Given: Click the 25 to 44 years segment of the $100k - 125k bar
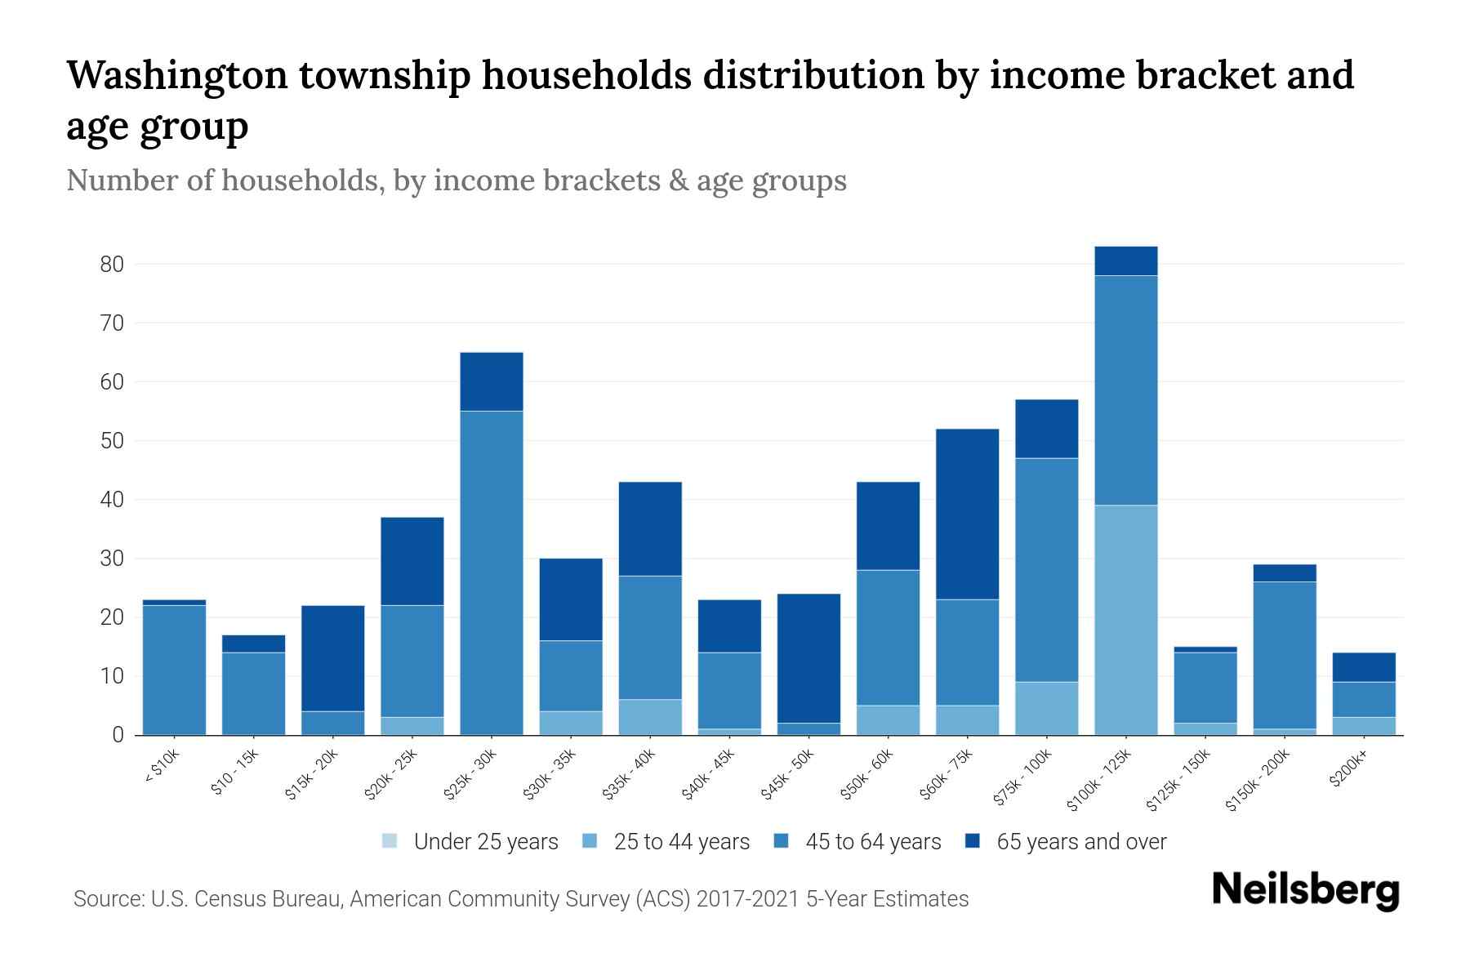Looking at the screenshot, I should pyautogui.click(x=1125, y=620).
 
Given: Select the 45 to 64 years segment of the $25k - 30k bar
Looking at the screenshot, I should pyautogui.click(x=492, y=572).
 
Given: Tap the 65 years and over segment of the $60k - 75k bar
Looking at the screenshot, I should pyautogui.click(x=967, y=514).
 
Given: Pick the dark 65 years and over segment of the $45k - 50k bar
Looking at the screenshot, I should pyautogui.click(x=808, y=658).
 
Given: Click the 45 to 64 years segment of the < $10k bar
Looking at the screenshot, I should pyautogui.click(x=174, y=670).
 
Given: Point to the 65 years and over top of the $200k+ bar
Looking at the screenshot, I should pyautogui.click(x=1363, y=667).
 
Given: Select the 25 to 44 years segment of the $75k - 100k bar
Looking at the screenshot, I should pyautogui.click(x=1046, y=708).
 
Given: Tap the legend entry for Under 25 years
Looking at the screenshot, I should pyautogui.click(x=470, y=842).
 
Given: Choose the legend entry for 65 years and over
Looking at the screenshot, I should pyautogui.click(x=1066, y=842).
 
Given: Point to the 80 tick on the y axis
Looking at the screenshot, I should pyautogui.click(x=112, y=265).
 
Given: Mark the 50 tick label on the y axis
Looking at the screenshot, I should pyautogui.click(x=112, y=441).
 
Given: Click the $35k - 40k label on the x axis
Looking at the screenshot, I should pyautogui.click(x=630, y=776).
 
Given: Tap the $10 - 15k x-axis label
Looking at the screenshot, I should pyautogui.click(x=235, y=773).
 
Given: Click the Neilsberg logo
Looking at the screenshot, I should pyautogui.click(x=1305, y=890).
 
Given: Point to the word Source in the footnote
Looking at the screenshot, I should pyautogui.click(x=106, y=899).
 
